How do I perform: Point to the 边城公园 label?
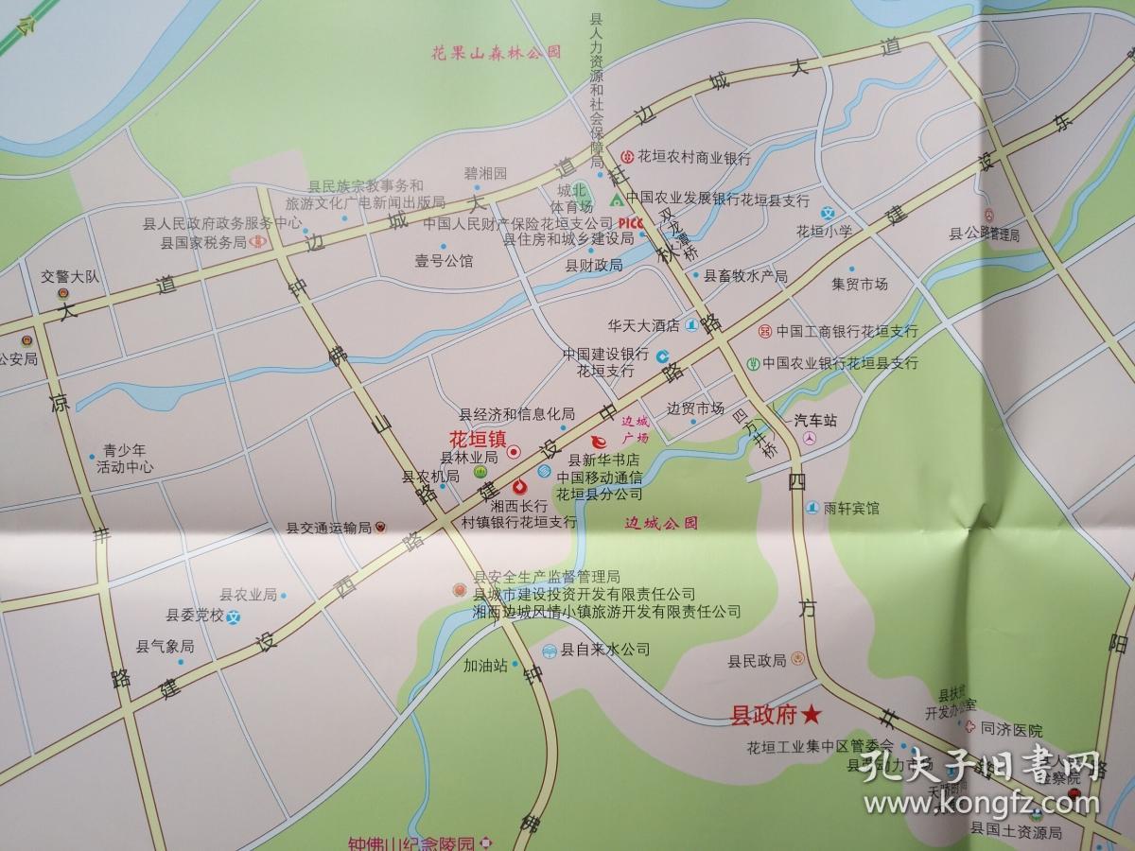[661, 523]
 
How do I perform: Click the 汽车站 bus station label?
[815, 419]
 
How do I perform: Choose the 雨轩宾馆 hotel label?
[850, 508]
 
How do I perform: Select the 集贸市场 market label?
[860, 284]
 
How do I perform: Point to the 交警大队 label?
[77, 277]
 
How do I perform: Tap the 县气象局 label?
[165, 647]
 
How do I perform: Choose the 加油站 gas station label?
[485, 665]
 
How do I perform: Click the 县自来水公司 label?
[605, 650]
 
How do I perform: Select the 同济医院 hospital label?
[1011, 730]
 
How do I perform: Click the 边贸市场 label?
[695, 408]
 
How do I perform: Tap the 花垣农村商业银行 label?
[693, 158]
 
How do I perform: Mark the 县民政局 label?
[757, 661]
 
